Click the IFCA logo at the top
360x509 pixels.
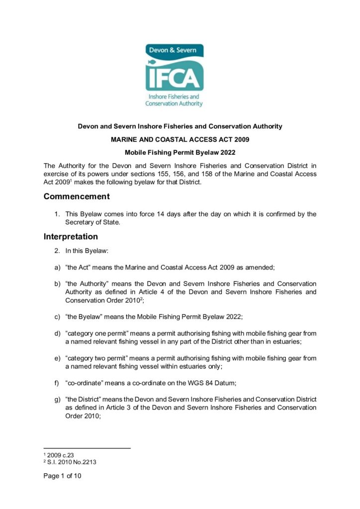tap(174, 75)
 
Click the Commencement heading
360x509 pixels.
tap(77, 196)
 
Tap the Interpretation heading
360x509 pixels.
tap(71, 237)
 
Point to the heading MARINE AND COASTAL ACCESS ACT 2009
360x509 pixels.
tap(180, 139)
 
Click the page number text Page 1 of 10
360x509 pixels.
tap(62, 476)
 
